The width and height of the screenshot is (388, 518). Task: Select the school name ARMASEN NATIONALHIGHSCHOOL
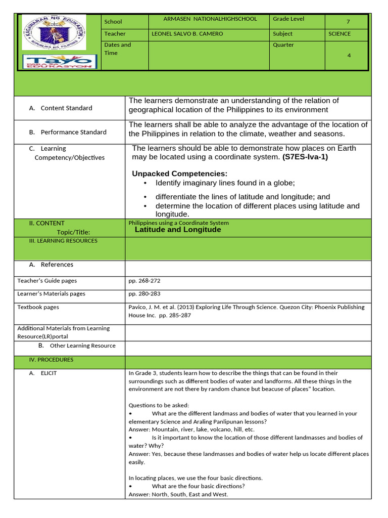[210, 19]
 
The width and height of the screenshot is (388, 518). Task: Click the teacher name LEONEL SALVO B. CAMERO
[187, 34]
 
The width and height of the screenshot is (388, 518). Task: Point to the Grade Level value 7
[348, 22]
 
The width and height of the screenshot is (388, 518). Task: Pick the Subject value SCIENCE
[339, 34]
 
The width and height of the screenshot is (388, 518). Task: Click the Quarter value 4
[349, 56]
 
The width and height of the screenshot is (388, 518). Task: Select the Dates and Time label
[117, 49]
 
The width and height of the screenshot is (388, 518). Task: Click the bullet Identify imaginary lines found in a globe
[225, 183]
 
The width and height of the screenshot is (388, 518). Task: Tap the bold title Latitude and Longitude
[178, 230]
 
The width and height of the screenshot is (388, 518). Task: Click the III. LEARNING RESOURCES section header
[63, 241]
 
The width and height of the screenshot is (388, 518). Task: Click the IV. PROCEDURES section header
[52, 360]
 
